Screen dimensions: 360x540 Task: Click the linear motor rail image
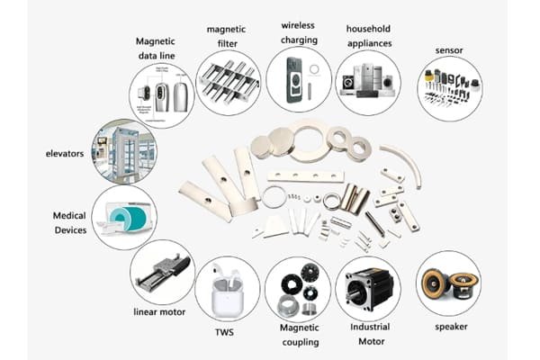[160, 271]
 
